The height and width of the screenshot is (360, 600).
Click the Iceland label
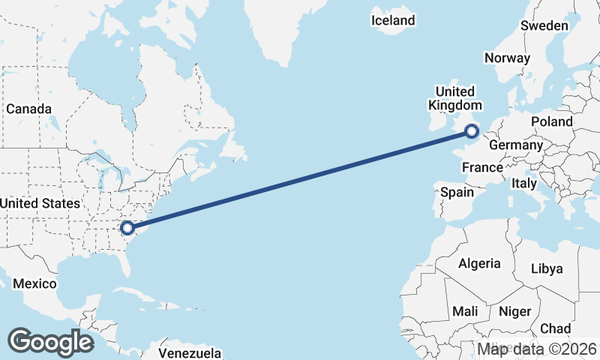coord(393,20)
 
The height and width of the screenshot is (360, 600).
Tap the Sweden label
coord(544,25)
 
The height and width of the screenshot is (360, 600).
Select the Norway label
coord(507,58)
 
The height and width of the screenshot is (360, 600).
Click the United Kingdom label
coord(454,98)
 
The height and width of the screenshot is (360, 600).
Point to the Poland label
coord(551,121)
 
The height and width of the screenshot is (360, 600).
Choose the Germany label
coord(515,145)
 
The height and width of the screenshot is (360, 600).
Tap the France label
coord(482,167)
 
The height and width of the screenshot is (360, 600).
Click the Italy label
coord(524,183)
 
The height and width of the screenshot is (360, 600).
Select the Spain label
coord(457,192)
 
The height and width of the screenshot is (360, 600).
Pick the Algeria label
coord(479,263)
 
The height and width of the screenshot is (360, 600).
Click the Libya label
coord(546,268)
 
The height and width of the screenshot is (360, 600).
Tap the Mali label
coord(465,311)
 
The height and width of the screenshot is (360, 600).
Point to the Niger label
coord(514,311)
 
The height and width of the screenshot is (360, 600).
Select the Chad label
coord(555,328)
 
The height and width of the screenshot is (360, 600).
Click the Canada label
coord(28,109)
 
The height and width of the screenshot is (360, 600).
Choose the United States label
coord(40,203)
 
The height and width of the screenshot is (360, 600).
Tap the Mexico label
coord(34,283)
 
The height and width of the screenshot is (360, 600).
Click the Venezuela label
coord(190,352)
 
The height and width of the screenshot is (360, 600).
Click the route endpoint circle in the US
coord(127,226)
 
